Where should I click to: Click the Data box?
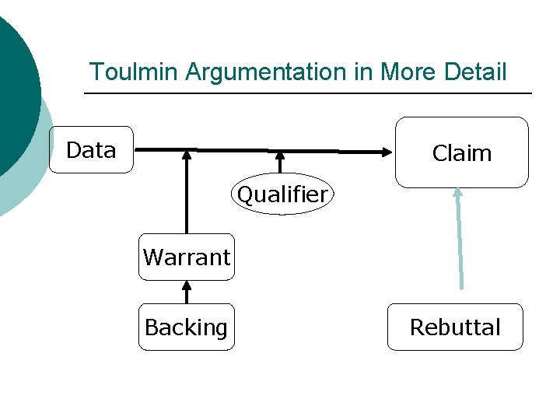pyautogui.click(x=91, y=150)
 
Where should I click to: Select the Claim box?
pyautogui.click(x=462, y=153)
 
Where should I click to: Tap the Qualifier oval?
pyautogui.click(x=282, y=194)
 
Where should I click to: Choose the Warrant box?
pyautogui.click(x=187, y=257)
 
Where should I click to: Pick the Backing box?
pyautogui.click(x=187, y=327)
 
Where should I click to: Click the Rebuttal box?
pyautogui.click(x=455, y=327)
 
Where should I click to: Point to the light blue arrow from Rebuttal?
pyautogui.click(x=460, y=241)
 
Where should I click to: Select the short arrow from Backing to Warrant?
pyautogui.click(x=186, y=292)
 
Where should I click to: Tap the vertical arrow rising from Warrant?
pyautogui.click(x=186, y=194)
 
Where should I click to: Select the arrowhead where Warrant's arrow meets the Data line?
pyautogui.click(x=186, y=156)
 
